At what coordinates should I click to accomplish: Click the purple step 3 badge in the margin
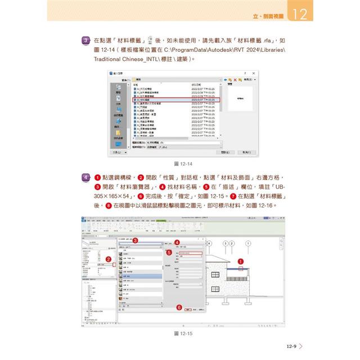85,40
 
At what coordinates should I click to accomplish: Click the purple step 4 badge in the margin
85,178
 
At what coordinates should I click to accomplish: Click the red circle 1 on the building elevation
241,261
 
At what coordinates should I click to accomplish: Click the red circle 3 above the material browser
134,240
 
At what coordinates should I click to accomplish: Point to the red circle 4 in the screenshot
177,242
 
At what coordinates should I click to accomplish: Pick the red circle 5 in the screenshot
169,253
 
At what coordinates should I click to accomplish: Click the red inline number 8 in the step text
109,206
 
